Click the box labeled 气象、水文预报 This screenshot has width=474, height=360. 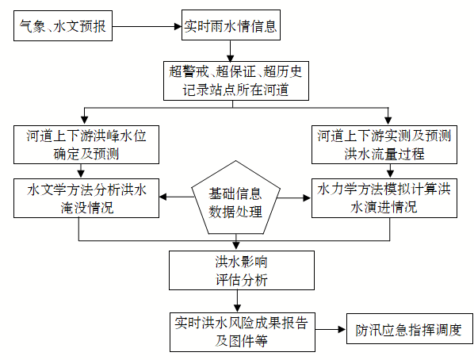click(x=63, y=25)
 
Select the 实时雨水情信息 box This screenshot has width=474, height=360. click(x=231, y=25)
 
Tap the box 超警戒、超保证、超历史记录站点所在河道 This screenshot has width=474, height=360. click(x=236, y=81)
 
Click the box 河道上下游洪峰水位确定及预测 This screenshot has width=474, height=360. click(x=86, y=144)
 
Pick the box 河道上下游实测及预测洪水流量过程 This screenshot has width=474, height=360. click(x=384, y=144)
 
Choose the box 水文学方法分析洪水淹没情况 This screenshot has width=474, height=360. click(x=86, y=198)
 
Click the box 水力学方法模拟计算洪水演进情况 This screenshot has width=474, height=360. click(x=384, y=198)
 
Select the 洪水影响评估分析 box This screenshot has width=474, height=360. click(x=242, y=270)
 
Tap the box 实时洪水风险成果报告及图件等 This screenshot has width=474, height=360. click(x=243, y=332)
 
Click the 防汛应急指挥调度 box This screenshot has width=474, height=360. click(x=410, y=329)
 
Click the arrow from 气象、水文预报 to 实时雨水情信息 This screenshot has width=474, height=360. click(x=147, y=26)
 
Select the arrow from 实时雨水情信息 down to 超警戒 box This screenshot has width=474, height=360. click(x=231, y=51)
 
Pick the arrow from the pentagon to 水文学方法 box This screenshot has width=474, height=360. click(x=176, y=197)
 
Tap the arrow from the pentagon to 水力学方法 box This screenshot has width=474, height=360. click(x=294, y=198)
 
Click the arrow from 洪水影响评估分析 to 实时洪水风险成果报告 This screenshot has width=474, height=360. click(x=237, y=301)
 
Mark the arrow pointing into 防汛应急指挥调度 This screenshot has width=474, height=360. click(x=331, y=329)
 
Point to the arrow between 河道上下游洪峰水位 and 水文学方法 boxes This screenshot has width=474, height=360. click(x=81, y=171)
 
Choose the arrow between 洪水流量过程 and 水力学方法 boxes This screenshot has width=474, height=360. click(x=390, y=171)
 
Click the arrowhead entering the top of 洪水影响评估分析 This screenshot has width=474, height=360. click(x=236, y=247)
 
